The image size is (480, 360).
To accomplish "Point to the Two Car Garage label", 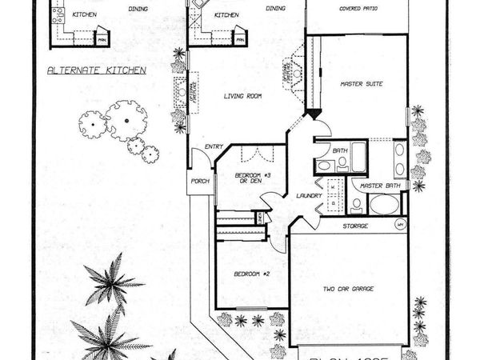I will tap(349, 289).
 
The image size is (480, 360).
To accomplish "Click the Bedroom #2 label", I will tap(248, 274).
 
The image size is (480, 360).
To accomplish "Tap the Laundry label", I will tap(309, 195).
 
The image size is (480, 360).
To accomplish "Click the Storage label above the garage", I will tap(355, 226).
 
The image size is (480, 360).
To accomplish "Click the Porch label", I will tap(198, 181).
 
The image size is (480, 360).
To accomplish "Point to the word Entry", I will tap(214, 146).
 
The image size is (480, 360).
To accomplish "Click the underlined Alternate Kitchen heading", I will tap(96, 70).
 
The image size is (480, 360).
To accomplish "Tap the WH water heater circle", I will tap(400, 226).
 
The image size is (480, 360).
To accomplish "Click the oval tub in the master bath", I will tap(382, 203).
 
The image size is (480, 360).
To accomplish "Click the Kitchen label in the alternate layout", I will tap(84, 14).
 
